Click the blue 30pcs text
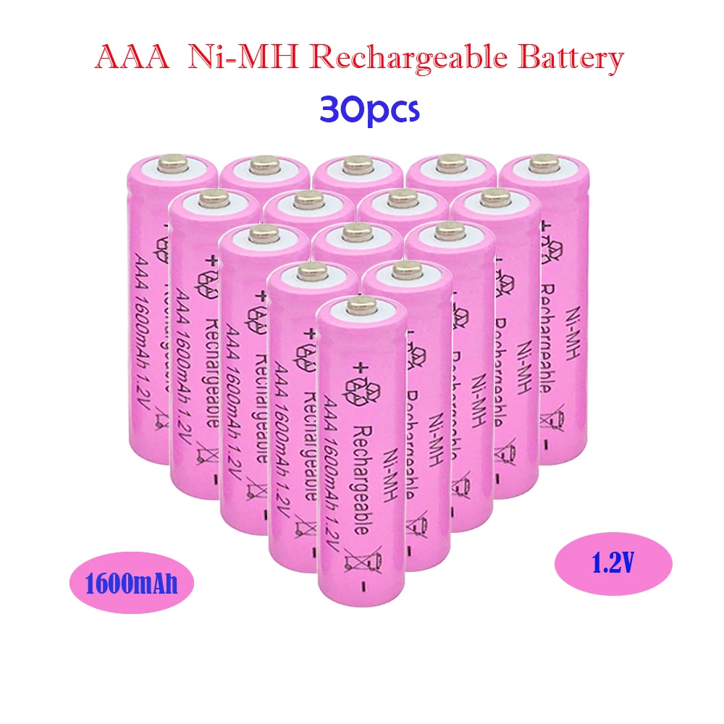click(369, 111)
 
